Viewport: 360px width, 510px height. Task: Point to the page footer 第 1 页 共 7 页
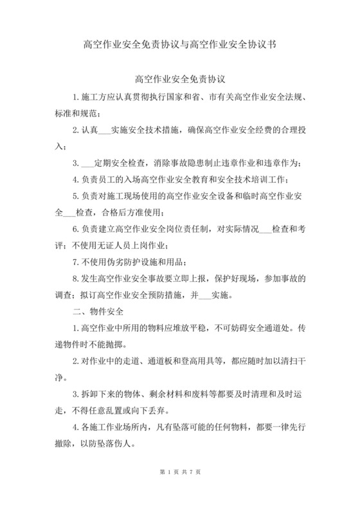[180, 491]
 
